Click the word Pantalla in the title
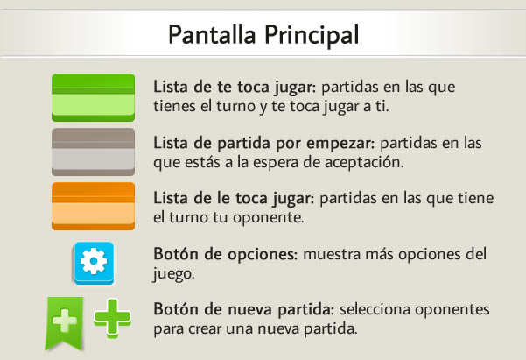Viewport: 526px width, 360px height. click(x=212, y=34)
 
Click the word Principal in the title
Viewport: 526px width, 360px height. click(x=312, y=35)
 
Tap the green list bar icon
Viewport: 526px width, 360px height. click(x=94, y=97)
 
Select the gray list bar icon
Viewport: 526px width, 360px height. click(x=94, y=152)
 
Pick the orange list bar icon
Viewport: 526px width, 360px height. click(x=94, y=206)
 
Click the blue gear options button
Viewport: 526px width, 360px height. click(x=94, y=263)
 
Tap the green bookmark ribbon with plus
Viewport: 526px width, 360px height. click(x=64, y=323)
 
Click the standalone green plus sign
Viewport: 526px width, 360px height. click(x=112, y=318)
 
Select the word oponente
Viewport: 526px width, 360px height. click(x=269, y=218)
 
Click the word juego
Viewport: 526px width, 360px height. click(x=173, y=274)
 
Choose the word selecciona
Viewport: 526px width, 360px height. click(x=375, y=309)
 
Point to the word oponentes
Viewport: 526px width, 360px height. click(x=452, y=310)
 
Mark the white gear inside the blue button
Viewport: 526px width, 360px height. click(x=94, y=261)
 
